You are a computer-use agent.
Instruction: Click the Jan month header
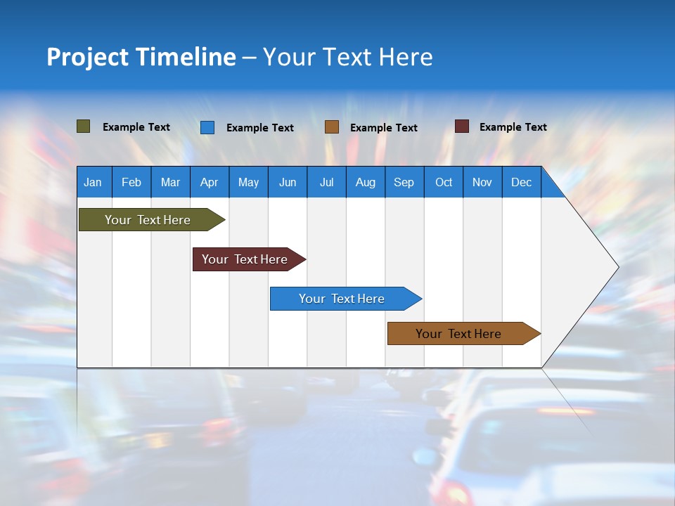[94, 182]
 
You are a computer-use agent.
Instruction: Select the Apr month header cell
[210, 182]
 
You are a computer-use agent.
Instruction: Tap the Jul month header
[326, 182]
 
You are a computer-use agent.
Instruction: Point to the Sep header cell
[404, 182]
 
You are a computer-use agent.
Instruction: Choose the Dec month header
[521, 182]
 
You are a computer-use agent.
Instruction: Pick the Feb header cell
[131, 182]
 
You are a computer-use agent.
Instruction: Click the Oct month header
[444, 182]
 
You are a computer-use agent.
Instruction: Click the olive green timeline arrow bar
[148, 220]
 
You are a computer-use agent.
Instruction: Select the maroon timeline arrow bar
[245, 259]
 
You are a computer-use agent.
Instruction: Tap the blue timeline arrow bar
[342, 299]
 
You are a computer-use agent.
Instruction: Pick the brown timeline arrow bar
[458, 334]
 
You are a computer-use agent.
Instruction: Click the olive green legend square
[84, 126]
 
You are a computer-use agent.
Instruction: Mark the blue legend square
[207, 127]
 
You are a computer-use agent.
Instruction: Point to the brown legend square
[332, 127]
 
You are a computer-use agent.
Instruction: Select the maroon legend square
[462, 126]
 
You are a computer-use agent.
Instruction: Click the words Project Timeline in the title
[141, 57]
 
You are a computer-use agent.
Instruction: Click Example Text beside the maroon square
[513, 127]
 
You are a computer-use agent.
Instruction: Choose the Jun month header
[288, 182]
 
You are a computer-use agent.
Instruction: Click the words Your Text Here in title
[347, 57]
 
